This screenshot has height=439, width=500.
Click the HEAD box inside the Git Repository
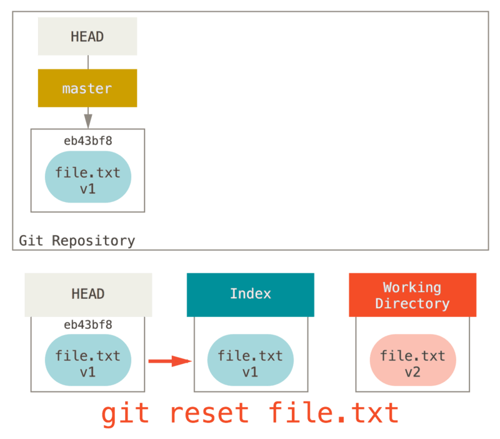(x=87, y=36)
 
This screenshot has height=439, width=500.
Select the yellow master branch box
(x=87, y=88)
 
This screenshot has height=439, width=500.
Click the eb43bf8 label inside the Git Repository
(x=88, y=141)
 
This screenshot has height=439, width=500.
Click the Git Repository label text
(x=77, y=241)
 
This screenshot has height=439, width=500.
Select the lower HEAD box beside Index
(x=88, y=294)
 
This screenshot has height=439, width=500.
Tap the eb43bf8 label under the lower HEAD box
(x=88, y=325)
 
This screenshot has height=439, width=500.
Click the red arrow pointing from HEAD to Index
(x=169, y=361)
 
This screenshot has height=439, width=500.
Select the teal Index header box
(x=250, y=294)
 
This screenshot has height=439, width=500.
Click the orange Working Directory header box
(x=412, y=295)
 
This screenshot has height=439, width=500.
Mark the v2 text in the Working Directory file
(x=412, y=372)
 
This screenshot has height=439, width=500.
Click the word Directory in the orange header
(x=412, y=304)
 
